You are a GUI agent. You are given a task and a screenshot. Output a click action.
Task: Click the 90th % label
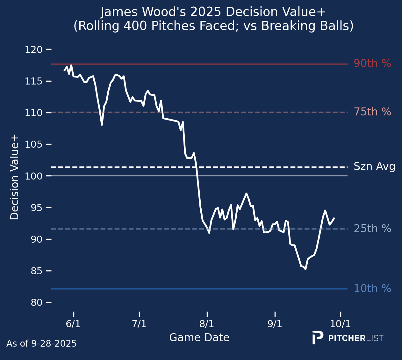pyautogui.click(x=372, y=64)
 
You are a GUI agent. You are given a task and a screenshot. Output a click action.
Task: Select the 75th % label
pyautogui.click(x=372, y=112)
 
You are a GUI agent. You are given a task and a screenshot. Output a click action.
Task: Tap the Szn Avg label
pyautogui.click(x=374, y=166)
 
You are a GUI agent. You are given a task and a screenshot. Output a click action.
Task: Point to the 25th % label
pyautogui.click(x=372, y=229)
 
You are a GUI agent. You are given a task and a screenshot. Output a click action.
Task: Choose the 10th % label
pyautogui.click(x=372, y=289)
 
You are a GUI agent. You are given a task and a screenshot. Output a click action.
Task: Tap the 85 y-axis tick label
pyautogui.click(x=36, y=271)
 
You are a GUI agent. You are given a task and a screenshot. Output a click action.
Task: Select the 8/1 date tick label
pyautogui.click(x=207, y=324)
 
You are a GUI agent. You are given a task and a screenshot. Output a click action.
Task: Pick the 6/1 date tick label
pyautogui.click(x=73, y=324)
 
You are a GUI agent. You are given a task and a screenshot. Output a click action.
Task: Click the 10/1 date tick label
pyautogui.click(x=340, y=324)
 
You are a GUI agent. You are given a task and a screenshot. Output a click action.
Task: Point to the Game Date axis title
pyautogui.click(x=199, y=338)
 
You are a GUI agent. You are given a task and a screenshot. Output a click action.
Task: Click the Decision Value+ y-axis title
pyautogui.click(x=15, y=177)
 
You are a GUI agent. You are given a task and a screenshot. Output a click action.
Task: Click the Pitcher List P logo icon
pyautogui.click(x=317, y=337)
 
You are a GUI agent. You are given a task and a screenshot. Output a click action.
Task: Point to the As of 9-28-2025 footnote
pyautogui.click(x=41, y=343)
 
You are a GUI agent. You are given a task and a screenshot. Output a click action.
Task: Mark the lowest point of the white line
pyautogui.click(x=305, y=269)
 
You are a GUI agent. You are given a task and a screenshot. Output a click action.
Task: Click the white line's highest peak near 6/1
pyautogui.click(x=71, y=65)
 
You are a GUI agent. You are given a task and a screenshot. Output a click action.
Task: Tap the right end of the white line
pyautogui.click(x=334, y=218)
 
